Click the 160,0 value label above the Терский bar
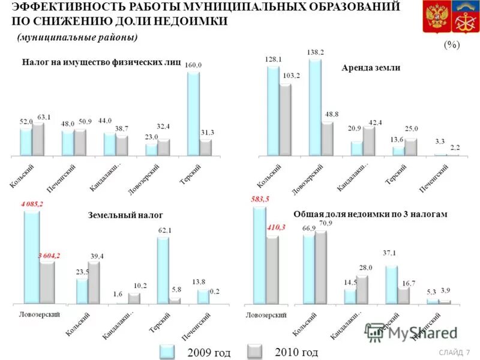[x=193, y=65]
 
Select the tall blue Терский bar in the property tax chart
[x=193, y=114]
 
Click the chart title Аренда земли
[x=371, y=68]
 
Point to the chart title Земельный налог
[x=125, y=215]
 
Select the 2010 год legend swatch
[x=256, y=352]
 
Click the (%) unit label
[x=452, y=45]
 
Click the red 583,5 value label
[x=259, y=199]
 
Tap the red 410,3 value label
[x=272, y=227]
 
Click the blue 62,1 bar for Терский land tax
[x=163, y=270]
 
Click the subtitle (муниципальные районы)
[x=77, y=37]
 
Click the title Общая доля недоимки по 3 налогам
[x=370, y=214]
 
